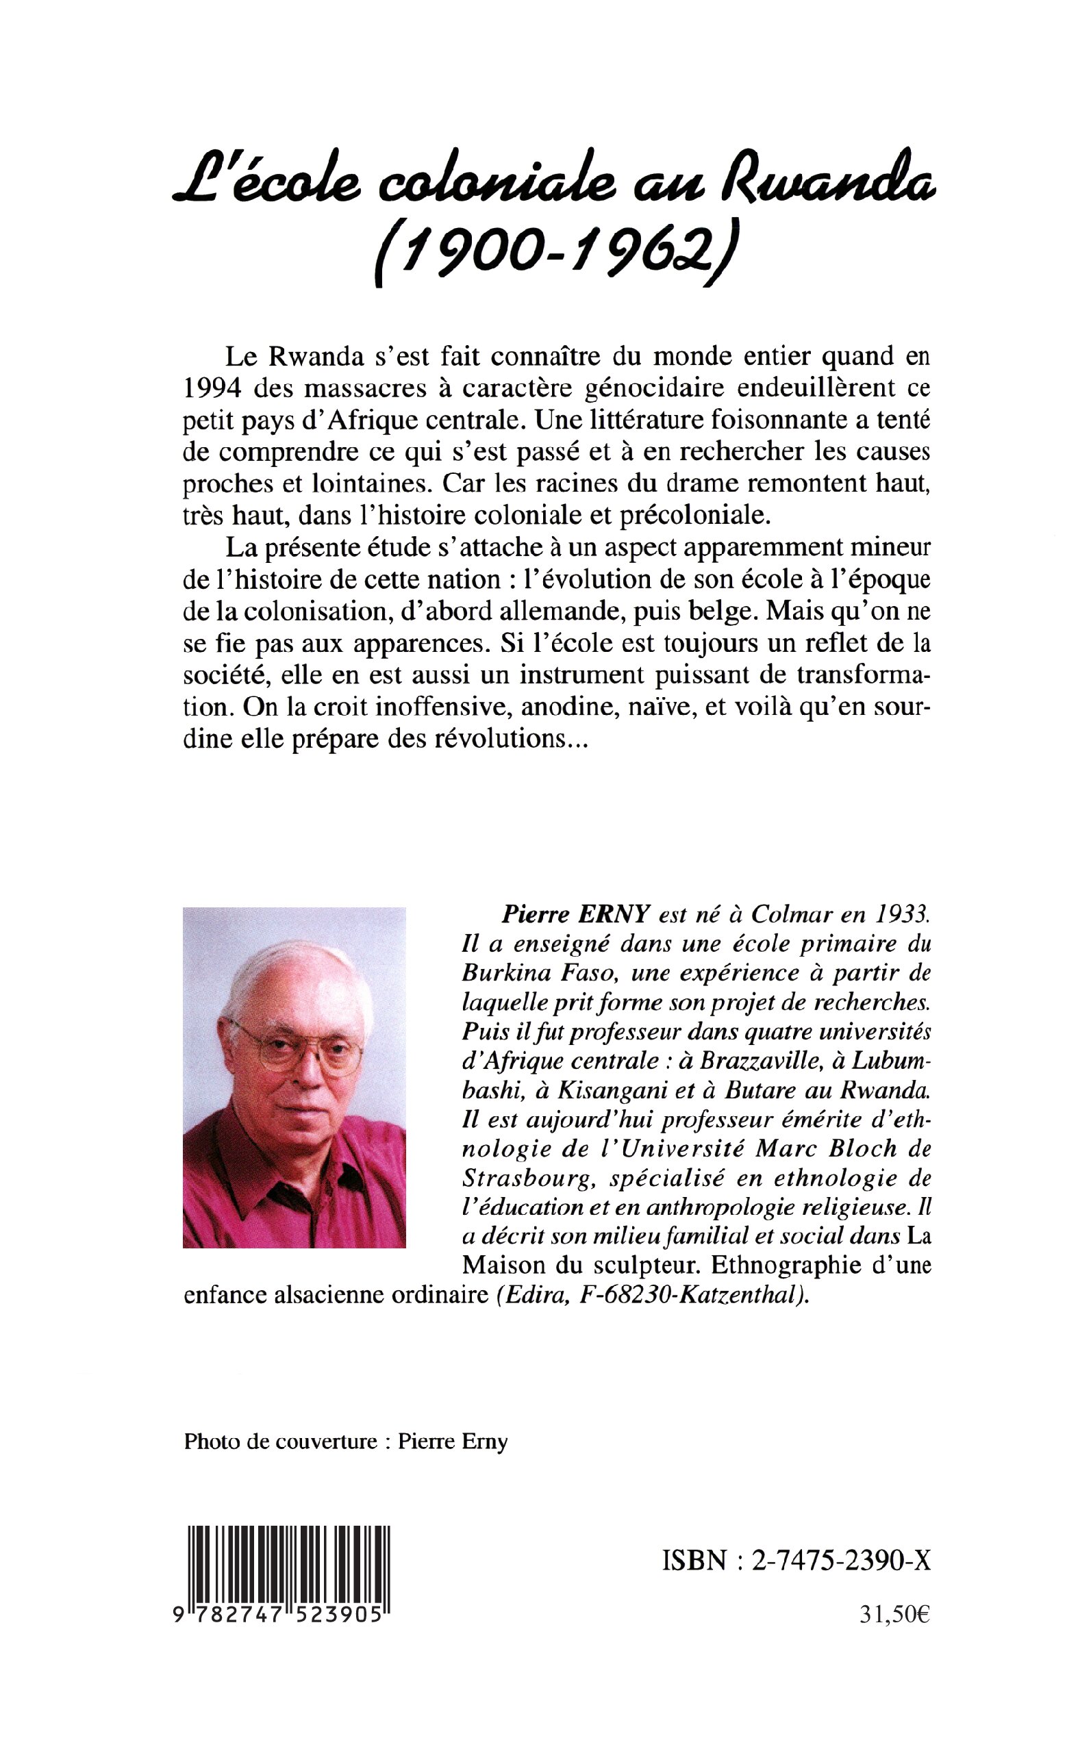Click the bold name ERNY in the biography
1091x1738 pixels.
click(615, 915)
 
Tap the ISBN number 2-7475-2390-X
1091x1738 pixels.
click(840, 1561)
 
